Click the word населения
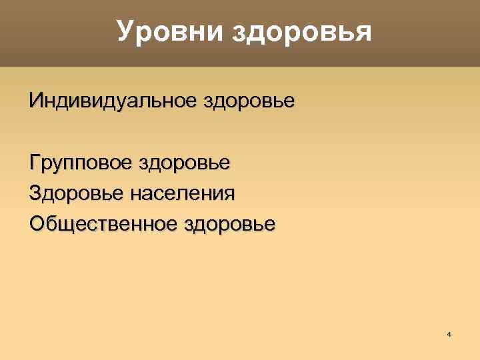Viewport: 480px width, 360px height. pyautogui.click(x=183, y=193)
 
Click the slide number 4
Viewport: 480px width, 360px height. pyautogui.click(x=449, y=333)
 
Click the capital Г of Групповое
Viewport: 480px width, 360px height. pyautogui.click(x=35, y=162)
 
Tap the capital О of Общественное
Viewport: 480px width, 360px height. pyautogui.click(x=37, y=223)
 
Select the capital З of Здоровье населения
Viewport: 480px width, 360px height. pyautogui.click(x=36, y=193)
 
